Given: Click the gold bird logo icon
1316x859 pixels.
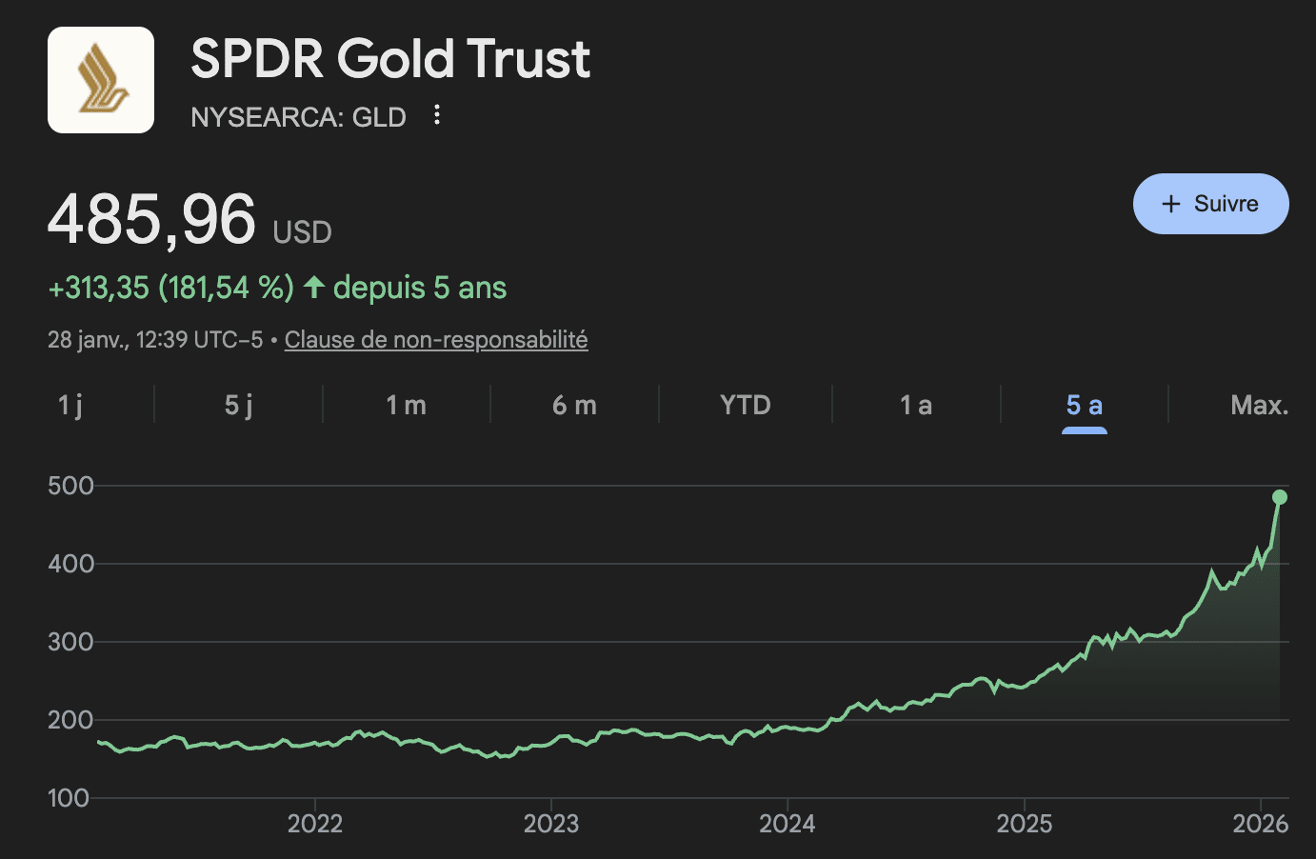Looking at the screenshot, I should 101,80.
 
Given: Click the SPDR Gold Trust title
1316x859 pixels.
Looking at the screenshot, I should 390,59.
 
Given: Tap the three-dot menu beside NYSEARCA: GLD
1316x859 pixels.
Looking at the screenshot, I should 437,115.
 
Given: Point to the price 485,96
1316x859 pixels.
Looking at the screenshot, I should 152,220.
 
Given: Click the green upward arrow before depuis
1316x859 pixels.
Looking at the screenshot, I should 314,287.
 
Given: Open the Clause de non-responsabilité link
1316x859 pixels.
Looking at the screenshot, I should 436,340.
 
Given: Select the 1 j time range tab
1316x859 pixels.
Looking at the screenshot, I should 70,406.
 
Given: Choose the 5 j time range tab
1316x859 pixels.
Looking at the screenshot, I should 238,406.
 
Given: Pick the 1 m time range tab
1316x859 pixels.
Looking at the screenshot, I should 406,406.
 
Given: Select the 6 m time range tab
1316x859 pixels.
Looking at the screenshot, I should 574,406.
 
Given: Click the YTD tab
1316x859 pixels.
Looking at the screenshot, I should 745,406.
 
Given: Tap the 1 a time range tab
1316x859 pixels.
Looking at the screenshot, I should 915,406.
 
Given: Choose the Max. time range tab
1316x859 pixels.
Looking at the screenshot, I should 1258,406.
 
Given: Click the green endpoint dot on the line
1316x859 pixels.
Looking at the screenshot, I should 1280,497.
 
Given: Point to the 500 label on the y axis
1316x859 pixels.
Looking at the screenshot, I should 70,486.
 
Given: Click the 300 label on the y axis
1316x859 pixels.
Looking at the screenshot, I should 70,642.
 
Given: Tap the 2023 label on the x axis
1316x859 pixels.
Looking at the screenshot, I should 551,824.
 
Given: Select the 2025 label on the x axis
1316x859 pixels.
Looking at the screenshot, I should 1024,824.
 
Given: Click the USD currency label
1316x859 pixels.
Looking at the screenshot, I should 302,232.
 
